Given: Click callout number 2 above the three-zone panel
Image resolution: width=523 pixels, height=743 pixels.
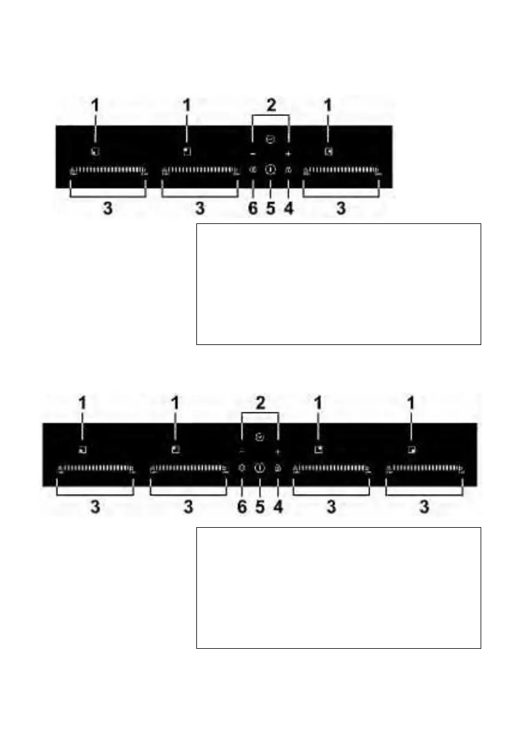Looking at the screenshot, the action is point(271,105).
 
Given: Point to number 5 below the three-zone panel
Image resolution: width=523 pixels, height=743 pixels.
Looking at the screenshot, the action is point(271,208).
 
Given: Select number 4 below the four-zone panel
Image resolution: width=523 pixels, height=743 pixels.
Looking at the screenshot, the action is point(278,507).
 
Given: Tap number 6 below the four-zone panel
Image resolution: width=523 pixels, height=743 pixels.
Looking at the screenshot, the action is point(242,507).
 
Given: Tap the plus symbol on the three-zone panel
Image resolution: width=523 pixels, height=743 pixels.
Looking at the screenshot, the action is point(288,153).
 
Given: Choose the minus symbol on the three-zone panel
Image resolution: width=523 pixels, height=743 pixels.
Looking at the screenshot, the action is point(252,153).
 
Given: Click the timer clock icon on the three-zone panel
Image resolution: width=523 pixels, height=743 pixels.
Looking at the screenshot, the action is point(270,140).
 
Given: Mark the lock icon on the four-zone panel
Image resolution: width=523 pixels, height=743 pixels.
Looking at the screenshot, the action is point(278,467).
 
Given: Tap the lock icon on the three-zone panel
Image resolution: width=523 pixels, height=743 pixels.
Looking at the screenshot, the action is point(287,169).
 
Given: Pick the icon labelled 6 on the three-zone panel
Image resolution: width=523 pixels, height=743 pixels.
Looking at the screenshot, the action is point(252,169).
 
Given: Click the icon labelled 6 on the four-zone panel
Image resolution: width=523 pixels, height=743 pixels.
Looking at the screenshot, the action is point(242,467).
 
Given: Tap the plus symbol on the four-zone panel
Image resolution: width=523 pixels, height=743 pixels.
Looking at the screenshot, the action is point(278,450).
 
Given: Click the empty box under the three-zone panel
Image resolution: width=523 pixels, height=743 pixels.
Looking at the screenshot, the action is point(338,284).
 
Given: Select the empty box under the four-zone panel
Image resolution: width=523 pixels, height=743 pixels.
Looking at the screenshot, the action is point(338,588).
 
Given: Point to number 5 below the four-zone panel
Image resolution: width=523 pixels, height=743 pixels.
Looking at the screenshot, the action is point(260,507).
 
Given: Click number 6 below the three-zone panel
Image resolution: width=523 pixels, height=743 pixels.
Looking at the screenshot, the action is point(252,208).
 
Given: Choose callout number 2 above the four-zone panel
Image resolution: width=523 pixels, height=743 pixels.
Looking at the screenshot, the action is point(260,403).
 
